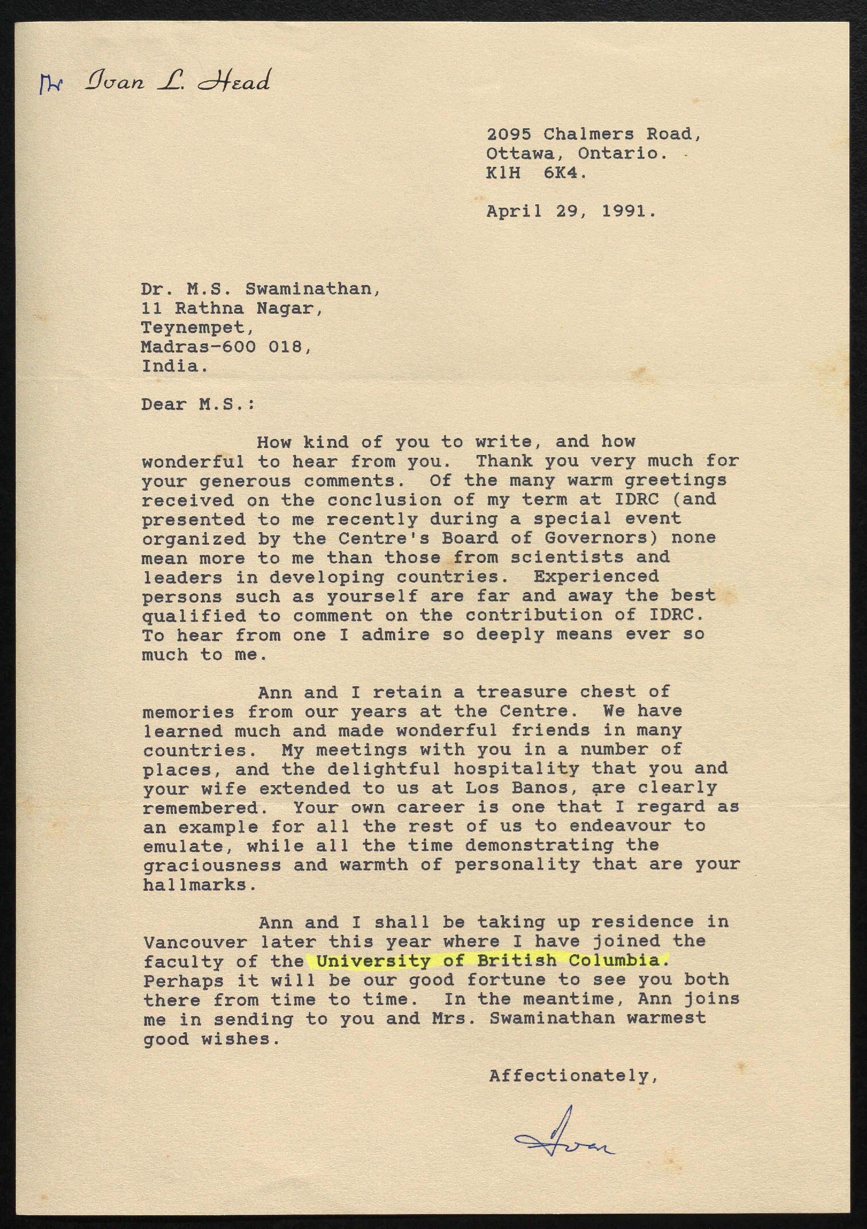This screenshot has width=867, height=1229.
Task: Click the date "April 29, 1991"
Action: click(570, 212)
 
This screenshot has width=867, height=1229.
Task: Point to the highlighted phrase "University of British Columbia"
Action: click(488, 961)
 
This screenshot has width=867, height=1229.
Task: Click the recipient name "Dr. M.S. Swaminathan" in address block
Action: click(261, 289)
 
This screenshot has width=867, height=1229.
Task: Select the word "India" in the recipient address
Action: click(174, 366)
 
